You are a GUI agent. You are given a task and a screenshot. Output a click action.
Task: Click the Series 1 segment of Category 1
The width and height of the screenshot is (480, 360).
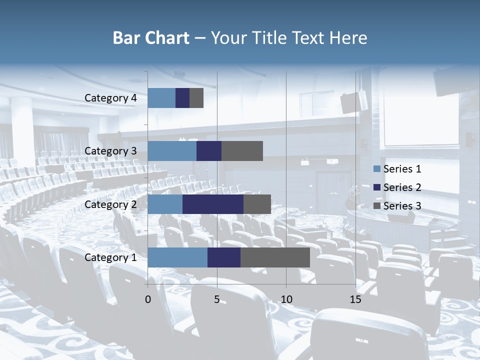tap(177, 257)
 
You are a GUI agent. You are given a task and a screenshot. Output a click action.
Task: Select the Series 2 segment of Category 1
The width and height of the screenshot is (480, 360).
tap(224, 257)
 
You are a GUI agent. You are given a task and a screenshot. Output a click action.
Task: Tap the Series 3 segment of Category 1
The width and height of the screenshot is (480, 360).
tap(275, 257)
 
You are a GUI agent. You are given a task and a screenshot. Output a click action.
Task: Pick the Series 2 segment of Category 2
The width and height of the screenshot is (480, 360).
tap(213, 204)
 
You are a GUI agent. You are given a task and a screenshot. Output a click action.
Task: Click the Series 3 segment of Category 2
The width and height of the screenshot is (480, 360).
tap(257, 204)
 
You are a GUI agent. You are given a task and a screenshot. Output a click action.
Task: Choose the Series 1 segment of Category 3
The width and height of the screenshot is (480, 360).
tap(172, 151)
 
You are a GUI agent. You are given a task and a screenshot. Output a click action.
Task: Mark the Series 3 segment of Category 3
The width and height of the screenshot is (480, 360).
tap(242, 151)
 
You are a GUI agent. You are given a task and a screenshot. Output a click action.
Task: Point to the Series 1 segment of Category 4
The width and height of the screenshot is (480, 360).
tap(161, 98)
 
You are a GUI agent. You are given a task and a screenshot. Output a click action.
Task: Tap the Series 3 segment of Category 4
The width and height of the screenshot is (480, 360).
tap(196, 98)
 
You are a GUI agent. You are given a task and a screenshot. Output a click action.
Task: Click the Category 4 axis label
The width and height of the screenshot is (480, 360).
tap(110, 98)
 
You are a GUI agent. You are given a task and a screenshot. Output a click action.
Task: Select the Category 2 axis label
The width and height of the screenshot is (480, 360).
tap(110, 204)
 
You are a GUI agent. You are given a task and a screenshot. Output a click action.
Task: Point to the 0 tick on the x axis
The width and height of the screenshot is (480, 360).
tap(148, 299)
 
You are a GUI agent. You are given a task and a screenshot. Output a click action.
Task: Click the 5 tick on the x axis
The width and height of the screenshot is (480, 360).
tap(217, 299)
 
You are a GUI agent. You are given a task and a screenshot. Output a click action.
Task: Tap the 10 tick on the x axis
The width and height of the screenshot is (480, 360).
tap(286, 299)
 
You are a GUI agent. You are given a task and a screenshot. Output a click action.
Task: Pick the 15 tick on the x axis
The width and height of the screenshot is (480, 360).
tap(355, 299)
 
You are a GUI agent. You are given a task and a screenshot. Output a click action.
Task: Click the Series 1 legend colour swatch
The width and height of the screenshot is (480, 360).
tap(376, 169)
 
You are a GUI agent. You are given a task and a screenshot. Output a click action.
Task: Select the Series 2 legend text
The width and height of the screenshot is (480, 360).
tap(402, 187)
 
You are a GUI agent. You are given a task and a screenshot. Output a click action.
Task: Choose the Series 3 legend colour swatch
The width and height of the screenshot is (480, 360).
tap(376, 206)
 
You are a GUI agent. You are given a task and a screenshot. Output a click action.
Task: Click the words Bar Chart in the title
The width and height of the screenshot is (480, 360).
tap(151, 38)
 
